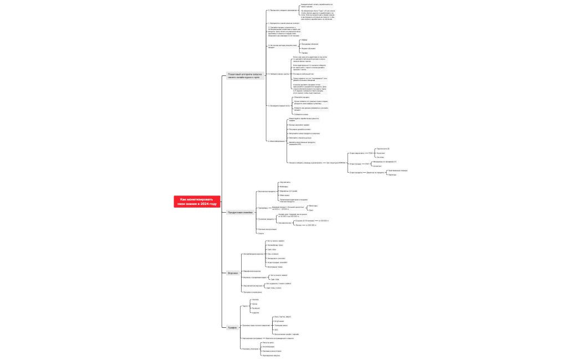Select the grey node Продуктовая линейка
pyautogui.click(x=239, y=212)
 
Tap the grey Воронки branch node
pyautogui.click(x=233, y=273)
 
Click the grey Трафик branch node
pyautogui.click(x=232, y=327)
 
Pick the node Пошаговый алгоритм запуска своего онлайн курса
pyautogui.click(x=244, y=75)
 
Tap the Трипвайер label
pyautogui.click(x=263, y=208)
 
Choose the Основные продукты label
pyautogui.click(x=266, y=220)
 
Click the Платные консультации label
pyautogui.click(x=267, y=229)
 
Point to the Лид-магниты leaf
pyautogui.click(x=285, y=182)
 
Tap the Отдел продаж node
pyautogui.click(x=355, y=163)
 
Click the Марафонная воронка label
pyautogui.click(x=252, y=270)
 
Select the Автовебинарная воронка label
pyautogui.click(x=253, y=254)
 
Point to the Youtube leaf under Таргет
pyautogui.click(x=255, y=300)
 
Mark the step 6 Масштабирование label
pyautogui.click(x=275, y=141)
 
